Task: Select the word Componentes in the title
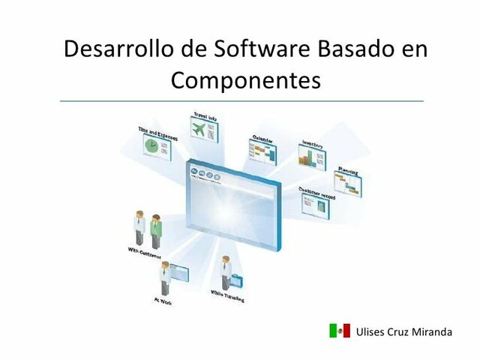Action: [x=245, y=79]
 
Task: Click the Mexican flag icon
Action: [x=339, y=331]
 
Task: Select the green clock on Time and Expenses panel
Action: [x=152, y=148]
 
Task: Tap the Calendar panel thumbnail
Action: [x=263, y=152]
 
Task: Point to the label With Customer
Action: [x=145, y=256]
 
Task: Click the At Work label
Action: [x=162, y=301]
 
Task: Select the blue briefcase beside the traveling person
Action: [x=237, y=281]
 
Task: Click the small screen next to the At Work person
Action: [x=182, y=273]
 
